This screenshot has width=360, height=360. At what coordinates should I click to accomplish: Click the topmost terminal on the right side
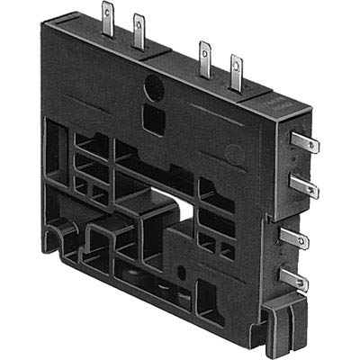point(308,143)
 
